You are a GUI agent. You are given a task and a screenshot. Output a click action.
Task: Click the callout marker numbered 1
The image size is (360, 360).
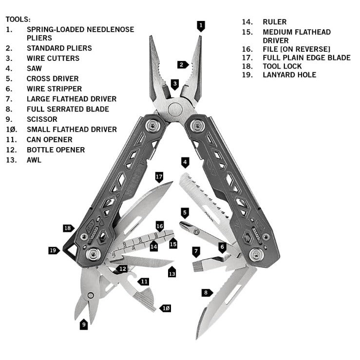[x=201, y=25]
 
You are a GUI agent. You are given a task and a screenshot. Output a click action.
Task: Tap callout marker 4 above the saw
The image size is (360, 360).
[x=185, y=162]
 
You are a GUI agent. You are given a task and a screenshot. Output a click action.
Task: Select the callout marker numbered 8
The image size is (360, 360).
[x=207, y=292]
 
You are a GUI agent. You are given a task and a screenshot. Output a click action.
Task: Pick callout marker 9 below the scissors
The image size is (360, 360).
[x=84, y=323]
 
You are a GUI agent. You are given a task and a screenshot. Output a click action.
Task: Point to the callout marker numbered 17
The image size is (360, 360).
[x=159, y=176]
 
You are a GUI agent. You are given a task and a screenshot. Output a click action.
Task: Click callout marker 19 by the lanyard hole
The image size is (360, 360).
[x=54, y=250]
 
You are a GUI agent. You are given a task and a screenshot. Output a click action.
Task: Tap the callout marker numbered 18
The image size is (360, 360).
[x=68, y=228]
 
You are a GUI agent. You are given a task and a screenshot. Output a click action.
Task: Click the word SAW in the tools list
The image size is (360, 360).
[x=34, y=68]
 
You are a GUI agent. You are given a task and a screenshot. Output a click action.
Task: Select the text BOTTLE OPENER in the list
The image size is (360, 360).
[x=56, y=150]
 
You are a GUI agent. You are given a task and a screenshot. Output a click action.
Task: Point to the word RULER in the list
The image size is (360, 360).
[x=275, y=22]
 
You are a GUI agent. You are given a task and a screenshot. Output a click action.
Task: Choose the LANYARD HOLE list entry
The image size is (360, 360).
[x=289, y=75]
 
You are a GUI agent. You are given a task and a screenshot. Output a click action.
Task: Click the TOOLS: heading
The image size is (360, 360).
[x=18, y=19]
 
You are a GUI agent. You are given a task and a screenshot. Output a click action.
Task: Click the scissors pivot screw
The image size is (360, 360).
[x=90, y=295]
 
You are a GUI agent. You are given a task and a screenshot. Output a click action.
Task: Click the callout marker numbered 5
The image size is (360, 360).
[x=185, y=212]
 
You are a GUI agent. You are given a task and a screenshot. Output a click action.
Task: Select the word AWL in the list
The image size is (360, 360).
[x=34, y=160]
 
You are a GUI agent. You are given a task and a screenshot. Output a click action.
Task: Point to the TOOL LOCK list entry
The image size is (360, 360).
[x=282, y=66]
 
